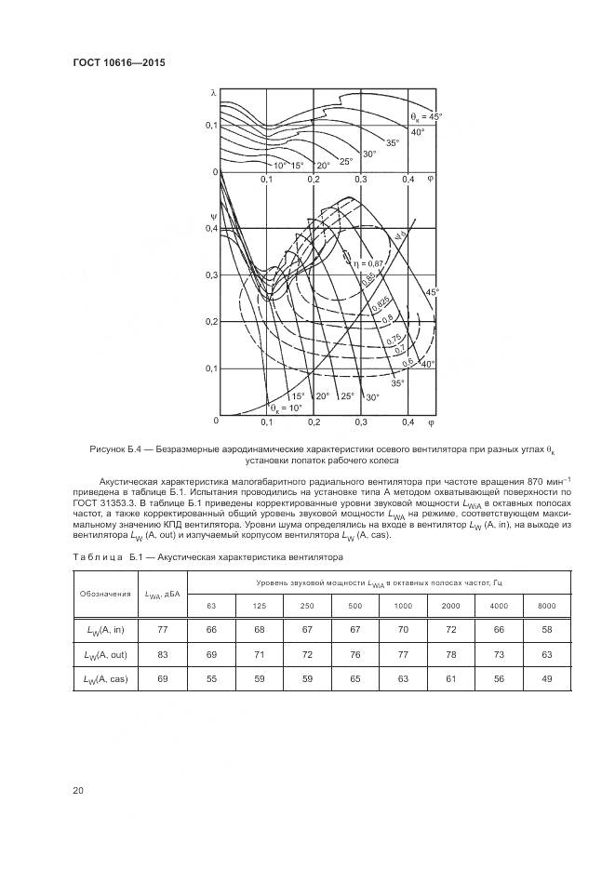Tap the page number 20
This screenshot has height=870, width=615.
point(78,791)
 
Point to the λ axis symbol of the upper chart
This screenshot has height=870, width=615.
point(213,93)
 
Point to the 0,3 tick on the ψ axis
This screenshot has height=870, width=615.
point(210,275)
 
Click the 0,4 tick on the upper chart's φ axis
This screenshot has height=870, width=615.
point(408,179)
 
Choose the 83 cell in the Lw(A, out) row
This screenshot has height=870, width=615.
point(163,656)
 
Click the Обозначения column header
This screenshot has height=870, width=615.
point(104,594)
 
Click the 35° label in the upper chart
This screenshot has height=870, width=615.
point(393,142)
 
